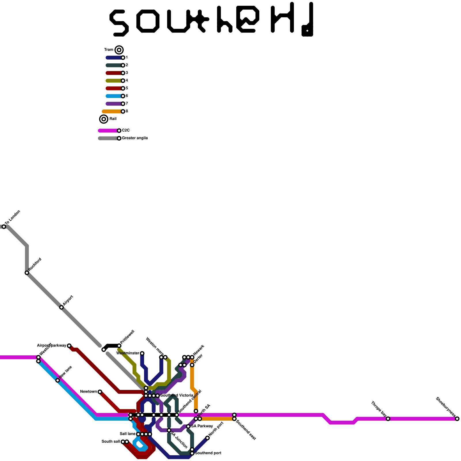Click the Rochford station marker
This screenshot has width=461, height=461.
click(x=27, y=273)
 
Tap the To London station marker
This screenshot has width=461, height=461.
click(x=4, y=227)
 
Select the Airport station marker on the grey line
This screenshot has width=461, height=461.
click(x=61, y=307)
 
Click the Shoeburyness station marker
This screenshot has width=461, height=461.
click(x=457, y=419)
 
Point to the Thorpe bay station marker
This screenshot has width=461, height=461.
click(x=388, y=419)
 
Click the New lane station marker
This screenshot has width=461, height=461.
click(x=58, y=380)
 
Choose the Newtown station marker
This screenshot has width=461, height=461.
click(x=100, y=392)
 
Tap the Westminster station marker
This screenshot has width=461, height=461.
click(x=142, y=353)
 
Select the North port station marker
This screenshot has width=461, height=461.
click(x=207, y=438)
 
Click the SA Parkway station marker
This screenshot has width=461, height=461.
click(x=188, y=426)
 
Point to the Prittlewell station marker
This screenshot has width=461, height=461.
click(x=119, y=346)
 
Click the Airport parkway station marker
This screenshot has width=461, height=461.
click(x=69, y=346)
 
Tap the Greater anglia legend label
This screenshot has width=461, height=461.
click(x=135, y=138)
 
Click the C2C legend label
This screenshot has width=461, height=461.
click(x=126, y=131)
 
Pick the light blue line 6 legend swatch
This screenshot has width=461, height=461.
click(x=114, y=96)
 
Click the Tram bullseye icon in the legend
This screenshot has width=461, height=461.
click(x=119, y=50)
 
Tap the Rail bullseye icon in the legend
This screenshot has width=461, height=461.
click(x=104, y=119)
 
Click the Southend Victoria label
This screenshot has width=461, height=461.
click(x=176, y=395)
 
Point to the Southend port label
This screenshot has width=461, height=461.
click(x=208, y=453)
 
